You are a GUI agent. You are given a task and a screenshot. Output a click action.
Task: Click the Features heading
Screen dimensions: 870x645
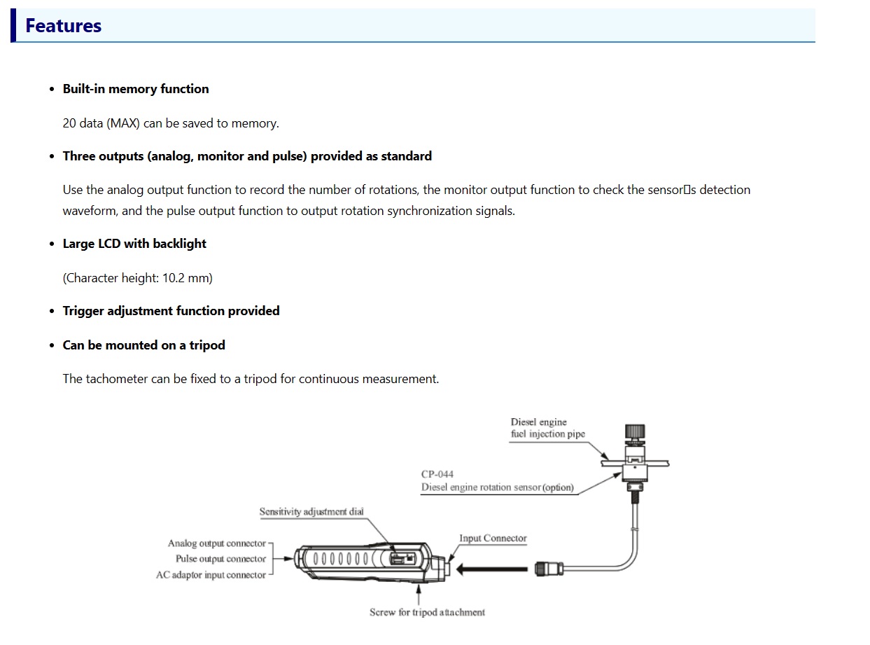pos(63,25)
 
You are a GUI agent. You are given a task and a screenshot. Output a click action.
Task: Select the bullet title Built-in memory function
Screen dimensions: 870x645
pos(136,89)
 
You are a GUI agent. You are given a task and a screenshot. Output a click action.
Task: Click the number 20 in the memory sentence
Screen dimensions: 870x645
pos(69,123)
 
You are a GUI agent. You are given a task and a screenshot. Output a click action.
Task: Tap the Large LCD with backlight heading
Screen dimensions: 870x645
pos(134,244)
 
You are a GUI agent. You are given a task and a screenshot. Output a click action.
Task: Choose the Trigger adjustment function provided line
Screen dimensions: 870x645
pos(171,311)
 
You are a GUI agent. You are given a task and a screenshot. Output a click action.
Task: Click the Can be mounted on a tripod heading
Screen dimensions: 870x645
pos(144,345)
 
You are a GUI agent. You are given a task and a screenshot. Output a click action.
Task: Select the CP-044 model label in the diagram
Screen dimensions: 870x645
pos(437,474)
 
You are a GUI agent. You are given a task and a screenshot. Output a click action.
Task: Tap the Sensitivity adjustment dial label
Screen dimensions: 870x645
pos(311,511)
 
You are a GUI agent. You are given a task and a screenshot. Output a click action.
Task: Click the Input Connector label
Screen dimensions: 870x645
pos(493,538)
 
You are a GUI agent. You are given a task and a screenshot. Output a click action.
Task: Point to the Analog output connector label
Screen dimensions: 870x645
pos(217,543)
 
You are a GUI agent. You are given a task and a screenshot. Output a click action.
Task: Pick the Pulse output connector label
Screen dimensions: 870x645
pos(221,559)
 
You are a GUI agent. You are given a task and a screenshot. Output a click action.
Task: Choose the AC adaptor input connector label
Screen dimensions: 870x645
pos(211,575)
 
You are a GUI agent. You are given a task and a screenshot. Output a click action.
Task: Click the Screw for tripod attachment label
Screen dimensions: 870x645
pos(427,612)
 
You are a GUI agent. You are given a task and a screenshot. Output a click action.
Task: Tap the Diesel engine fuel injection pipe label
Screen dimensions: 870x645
pos(547,428)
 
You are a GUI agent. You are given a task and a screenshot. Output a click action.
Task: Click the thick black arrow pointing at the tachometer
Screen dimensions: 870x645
pos(492,569)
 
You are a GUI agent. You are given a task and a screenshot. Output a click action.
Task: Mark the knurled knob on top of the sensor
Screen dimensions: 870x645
pos(635,431)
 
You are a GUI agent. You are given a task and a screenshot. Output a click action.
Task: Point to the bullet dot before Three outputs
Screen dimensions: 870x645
pos(52,156)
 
